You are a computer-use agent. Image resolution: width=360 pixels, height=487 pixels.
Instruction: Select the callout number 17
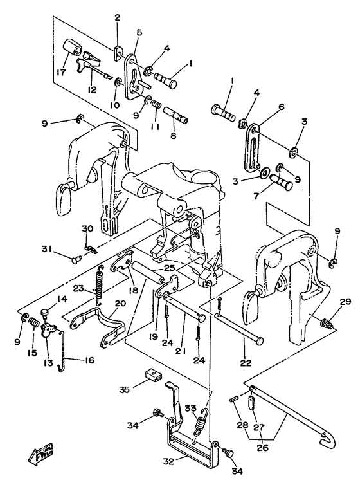coord(61,72)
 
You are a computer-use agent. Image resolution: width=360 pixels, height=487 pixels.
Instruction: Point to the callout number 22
coord(246,362)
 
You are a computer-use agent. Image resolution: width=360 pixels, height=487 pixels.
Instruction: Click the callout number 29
coord(345,301)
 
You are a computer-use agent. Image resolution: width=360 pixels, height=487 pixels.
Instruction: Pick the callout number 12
coord(92,90)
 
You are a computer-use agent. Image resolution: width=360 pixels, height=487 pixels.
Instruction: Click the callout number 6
coord(281,107)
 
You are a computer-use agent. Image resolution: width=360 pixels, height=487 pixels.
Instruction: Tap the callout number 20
coord(120,303)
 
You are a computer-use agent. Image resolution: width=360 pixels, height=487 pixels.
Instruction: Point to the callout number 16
coord(89,360)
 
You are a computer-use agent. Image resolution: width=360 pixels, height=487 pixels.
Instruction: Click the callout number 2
coord(117,18)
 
